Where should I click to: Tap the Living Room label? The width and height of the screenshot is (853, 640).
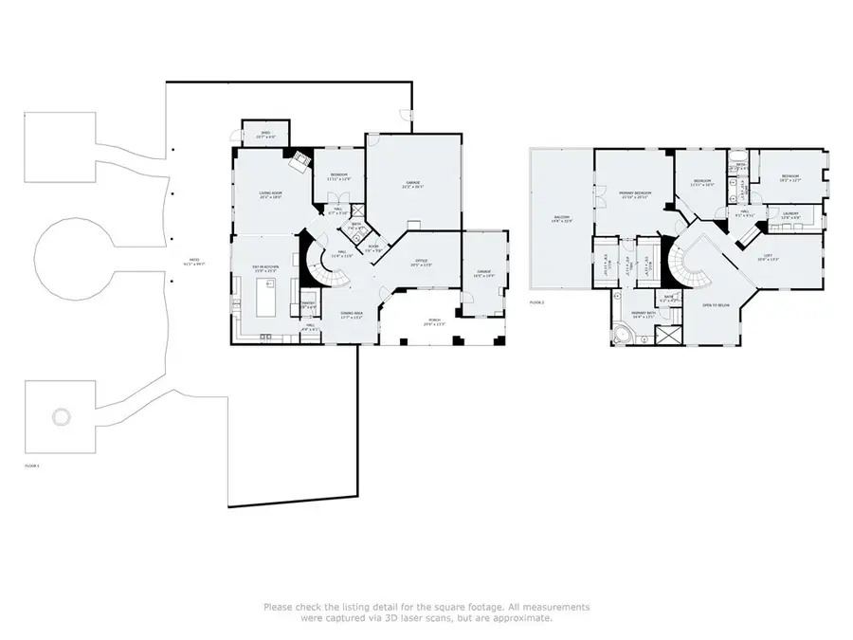(x=272, y=196)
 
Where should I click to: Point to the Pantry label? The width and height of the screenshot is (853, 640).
(x=308, y=304)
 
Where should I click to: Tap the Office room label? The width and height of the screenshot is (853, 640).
(x=421, y=263)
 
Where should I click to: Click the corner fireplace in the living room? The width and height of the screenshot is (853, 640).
(x=299, y=160)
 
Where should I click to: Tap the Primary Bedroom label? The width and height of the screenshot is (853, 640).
(x=633, y=195)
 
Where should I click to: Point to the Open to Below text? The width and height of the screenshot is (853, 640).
(x=716, y=305)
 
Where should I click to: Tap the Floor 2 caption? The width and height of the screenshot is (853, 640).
(x=537, y=302)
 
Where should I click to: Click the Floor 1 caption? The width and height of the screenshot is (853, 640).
(x=32, y=466)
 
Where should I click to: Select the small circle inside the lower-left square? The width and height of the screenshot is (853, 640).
(x=61, y=416)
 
